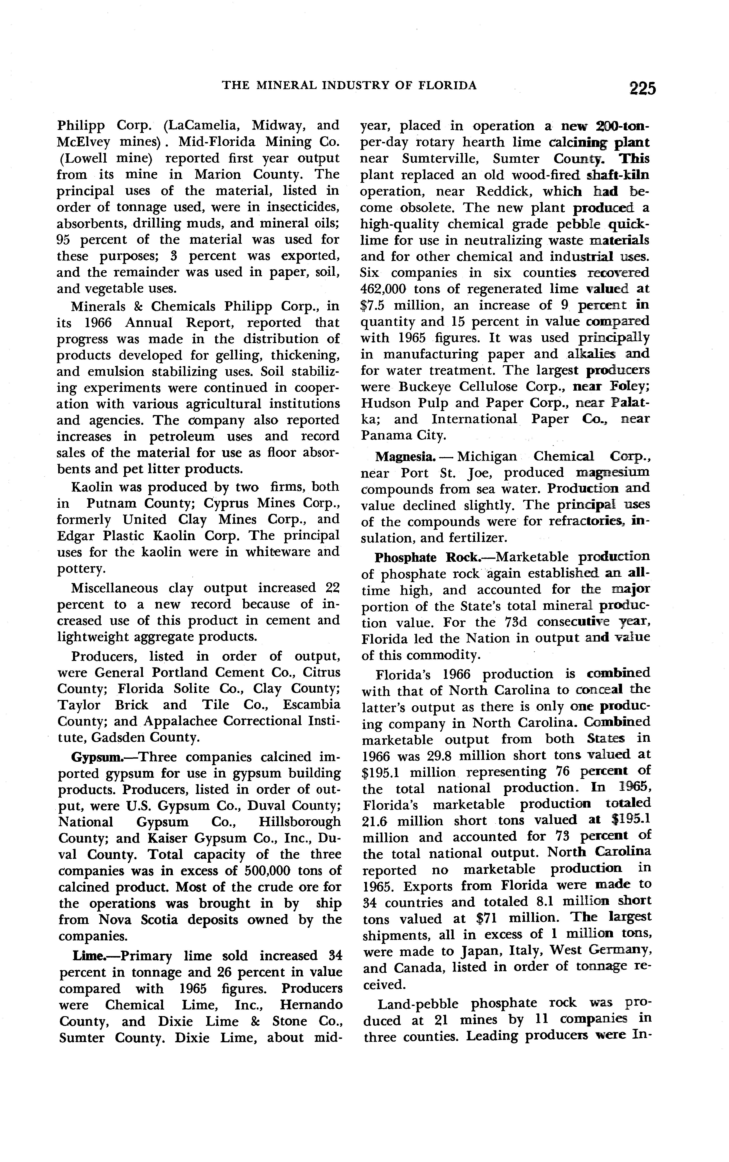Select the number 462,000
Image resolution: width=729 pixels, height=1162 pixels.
pos(384,289)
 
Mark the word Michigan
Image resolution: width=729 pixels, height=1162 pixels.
pos(487,456)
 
